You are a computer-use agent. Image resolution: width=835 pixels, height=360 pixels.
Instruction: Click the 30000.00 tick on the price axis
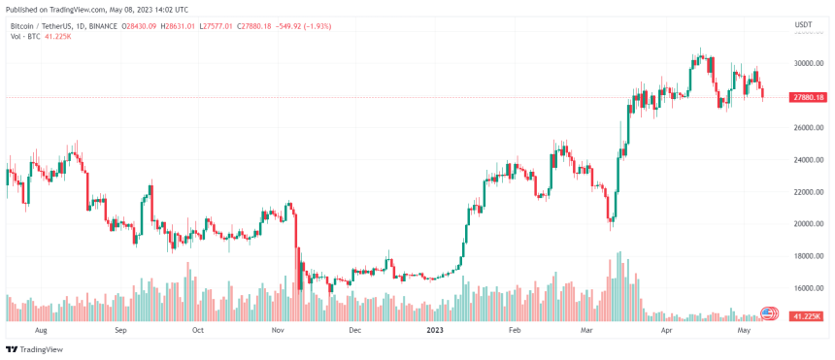coord(808,64)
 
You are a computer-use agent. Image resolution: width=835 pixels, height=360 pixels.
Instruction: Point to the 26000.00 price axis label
coord(808,128)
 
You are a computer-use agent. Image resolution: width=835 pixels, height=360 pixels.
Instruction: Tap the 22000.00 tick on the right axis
coord(808,192)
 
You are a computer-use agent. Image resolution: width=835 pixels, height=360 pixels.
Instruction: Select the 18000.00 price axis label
coord(808,256)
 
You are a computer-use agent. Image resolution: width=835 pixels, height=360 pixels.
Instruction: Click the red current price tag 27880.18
coord(808,97)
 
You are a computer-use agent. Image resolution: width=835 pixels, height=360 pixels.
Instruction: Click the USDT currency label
coord(803,24)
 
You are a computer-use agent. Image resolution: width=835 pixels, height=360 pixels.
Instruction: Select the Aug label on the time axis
coord(40,330)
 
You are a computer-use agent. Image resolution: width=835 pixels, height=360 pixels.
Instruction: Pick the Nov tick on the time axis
coord(278,330)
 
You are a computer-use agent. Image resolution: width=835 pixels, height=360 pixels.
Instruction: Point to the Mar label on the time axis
coord(588,330)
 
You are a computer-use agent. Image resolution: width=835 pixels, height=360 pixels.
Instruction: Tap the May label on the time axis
coord(744,330)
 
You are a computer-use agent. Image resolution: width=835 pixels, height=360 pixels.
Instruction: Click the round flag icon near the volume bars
coord(768,313)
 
